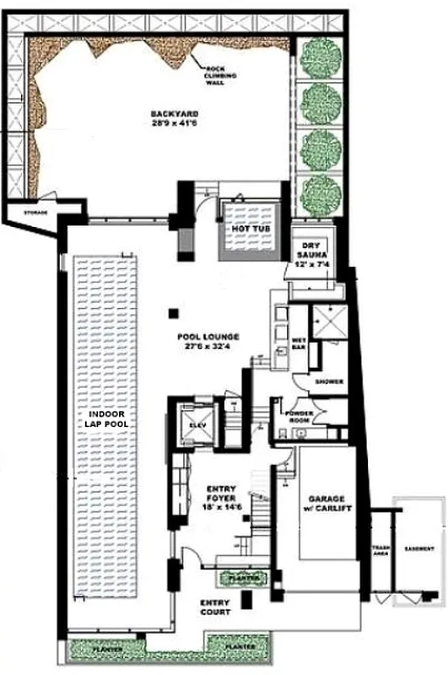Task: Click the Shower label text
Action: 329,381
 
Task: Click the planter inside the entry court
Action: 243,579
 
